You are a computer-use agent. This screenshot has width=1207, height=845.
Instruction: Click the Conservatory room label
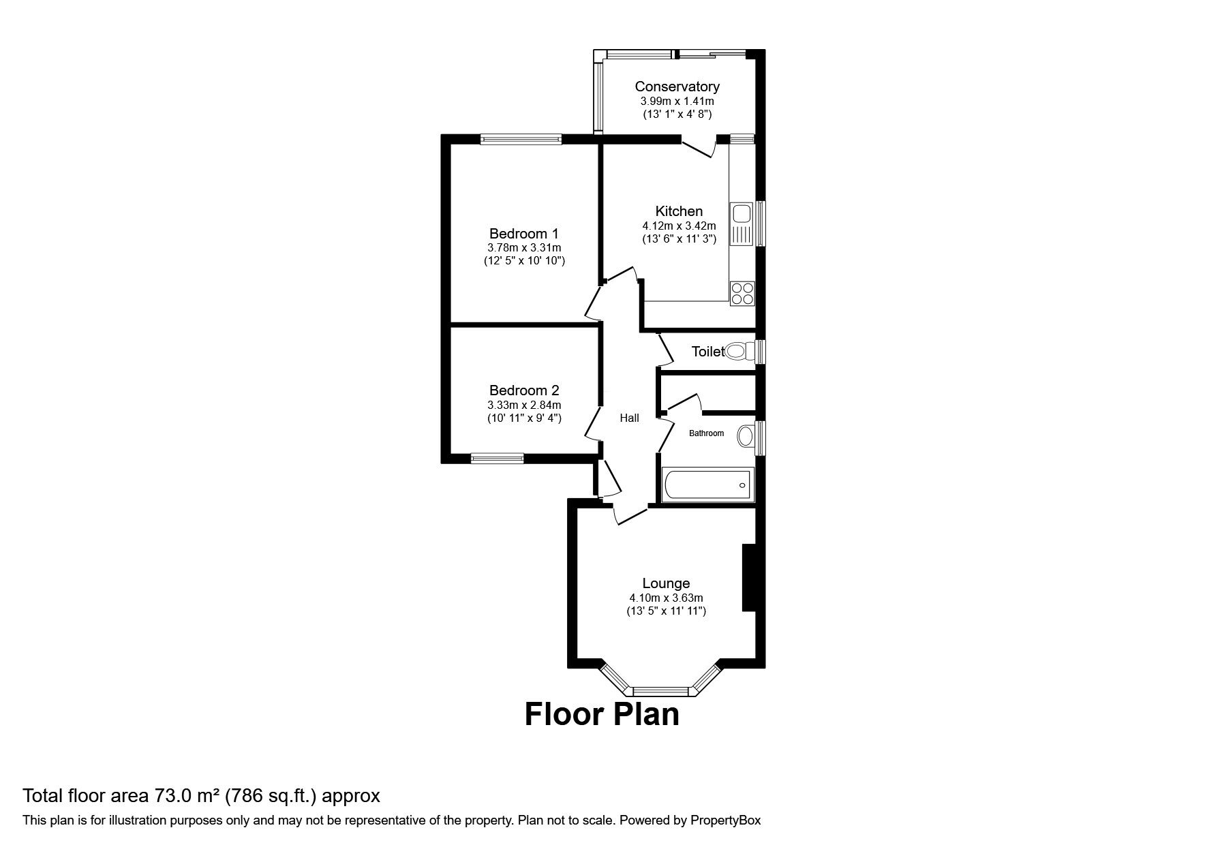(x=677, y=87)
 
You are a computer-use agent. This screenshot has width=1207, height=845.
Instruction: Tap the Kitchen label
(x=679, y=211)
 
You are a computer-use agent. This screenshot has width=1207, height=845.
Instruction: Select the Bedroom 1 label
(x=524, y=234)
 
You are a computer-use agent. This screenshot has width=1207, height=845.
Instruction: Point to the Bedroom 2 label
(x=524, y=390)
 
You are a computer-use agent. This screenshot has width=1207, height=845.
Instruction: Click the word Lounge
(x=666, y=583)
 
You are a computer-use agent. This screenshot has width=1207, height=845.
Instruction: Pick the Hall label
(x=629, y=418)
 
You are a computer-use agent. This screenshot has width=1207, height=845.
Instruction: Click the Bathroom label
(x=706, y=433)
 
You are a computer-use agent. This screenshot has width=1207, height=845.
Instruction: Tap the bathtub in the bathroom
(x=708, y=485)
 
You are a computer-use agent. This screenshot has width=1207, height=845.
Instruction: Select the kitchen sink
(x=740, y=224)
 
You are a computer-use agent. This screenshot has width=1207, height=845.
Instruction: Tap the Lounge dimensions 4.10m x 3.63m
(x=666, y=598)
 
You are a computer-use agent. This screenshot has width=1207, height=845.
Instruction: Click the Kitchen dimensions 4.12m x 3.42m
(x=679, y=226)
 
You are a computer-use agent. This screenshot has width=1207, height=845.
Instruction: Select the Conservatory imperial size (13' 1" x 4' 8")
(x=677, y=114)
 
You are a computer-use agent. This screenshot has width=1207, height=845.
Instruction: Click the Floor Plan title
(x=602, y=714)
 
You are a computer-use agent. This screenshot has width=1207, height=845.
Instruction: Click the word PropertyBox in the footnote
(x=725, y=820)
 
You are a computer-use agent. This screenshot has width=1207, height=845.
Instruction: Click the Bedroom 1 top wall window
(x=521, y=139)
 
